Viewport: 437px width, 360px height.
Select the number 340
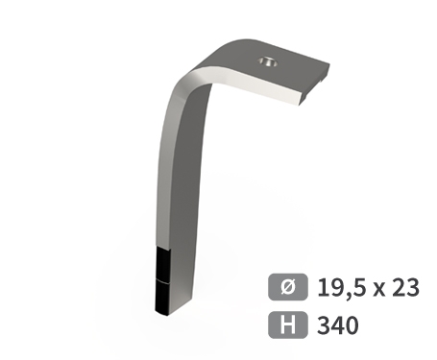(337, 325)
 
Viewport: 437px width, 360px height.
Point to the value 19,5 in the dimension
(340, 287)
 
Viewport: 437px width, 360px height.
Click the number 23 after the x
(406, 287)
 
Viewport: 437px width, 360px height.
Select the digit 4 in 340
(337, 325)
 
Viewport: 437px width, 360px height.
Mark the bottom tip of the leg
(162, 310)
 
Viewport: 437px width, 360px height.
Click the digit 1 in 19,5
(322, 287)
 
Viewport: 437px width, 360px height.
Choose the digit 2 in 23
(400, 287)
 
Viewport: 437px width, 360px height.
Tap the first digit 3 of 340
(324, 325)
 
